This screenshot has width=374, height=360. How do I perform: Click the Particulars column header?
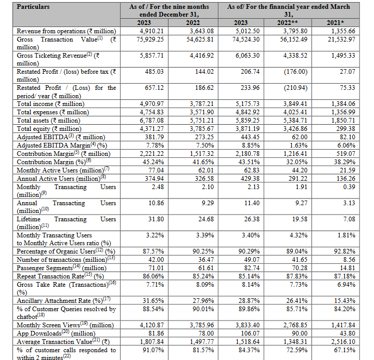[34, 7]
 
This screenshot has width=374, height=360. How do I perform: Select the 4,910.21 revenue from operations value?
[152, 31]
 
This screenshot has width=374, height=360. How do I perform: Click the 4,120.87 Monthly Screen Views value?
[152, 326]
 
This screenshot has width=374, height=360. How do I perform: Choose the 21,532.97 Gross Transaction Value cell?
[341, 39]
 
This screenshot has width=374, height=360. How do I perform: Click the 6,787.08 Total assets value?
[152, 120]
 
